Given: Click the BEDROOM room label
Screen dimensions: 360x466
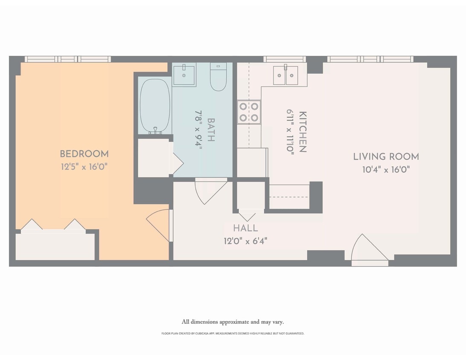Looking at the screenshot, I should pos(84,154).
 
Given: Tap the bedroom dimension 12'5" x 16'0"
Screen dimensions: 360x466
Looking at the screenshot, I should pos(84,166).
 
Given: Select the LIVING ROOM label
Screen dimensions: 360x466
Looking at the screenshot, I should pos(386,157).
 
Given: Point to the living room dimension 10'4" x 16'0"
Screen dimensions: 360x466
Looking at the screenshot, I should pos(386,170).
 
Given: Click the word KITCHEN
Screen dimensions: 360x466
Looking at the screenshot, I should pos(303,132).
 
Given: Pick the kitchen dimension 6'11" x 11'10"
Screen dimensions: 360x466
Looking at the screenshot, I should pos(290,132).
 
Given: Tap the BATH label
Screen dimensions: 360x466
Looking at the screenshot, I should pos(210,130).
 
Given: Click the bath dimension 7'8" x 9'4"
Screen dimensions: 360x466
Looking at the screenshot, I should pos(198,130).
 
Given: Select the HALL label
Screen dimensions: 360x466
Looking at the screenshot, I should pos(245,228).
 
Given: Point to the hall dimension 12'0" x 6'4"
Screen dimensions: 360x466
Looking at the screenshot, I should pos(245,241).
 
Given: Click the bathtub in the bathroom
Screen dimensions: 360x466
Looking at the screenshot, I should pos(155,106).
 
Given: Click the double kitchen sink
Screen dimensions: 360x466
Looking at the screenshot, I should pos(285,75).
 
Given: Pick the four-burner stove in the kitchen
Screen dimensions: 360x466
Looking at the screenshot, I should pos(249,112).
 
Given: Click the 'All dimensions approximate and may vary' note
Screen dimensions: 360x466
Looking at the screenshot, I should pos(233,322).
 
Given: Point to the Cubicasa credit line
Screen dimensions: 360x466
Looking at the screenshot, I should pos(233,334).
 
